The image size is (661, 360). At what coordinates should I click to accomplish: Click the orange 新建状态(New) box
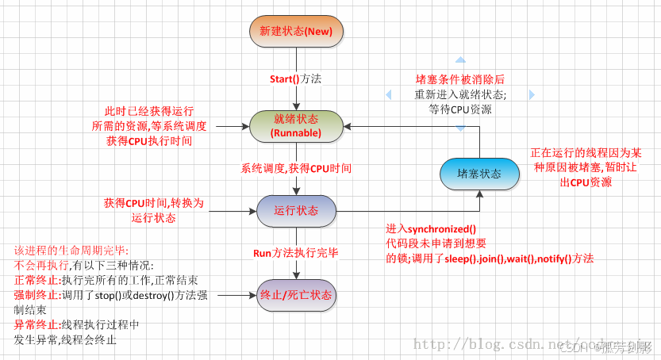pos(296,31)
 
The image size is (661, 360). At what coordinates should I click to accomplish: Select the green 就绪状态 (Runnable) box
pos(296,125)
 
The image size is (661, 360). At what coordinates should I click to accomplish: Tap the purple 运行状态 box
pos(296,211)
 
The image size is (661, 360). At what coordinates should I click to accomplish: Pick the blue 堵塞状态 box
pos(479,174)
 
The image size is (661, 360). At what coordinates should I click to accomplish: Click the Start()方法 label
pos(296,79)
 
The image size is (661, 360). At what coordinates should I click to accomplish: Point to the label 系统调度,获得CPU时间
pos(296,168)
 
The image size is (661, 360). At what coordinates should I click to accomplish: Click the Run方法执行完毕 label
pos(296,253)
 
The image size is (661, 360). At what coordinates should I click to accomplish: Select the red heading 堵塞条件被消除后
pos(460,79)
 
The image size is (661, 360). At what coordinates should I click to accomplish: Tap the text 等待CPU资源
pos(460,109)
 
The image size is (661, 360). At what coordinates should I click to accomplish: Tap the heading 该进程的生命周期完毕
pos(75,250)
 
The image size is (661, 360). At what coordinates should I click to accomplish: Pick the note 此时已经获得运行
pos(148,111)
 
